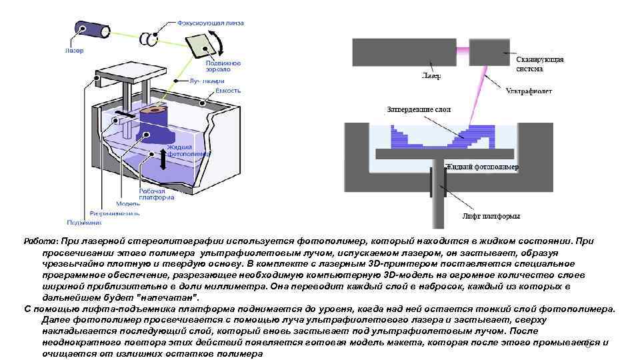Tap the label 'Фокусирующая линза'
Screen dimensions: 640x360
210,23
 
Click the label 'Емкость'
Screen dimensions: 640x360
227,90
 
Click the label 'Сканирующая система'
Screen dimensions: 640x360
540,64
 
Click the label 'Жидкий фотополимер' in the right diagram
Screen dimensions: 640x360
482,167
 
